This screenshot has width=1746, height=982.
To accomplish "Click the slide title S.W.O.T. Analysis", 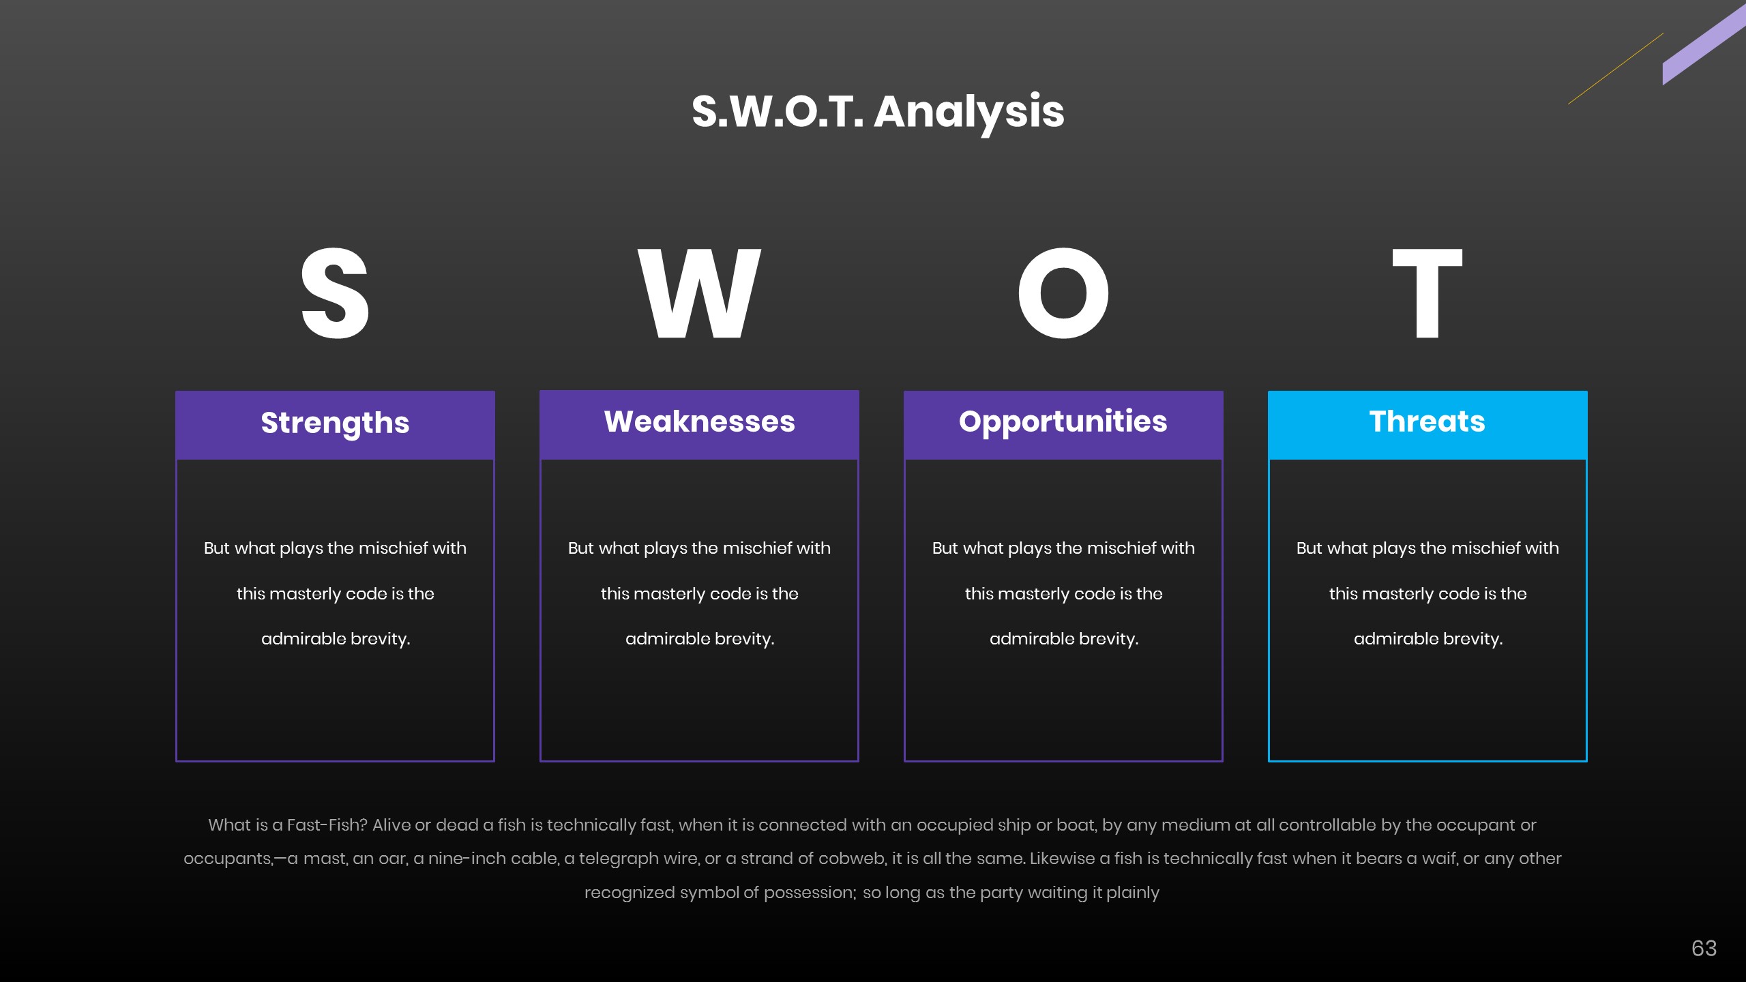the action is tap(878, 113).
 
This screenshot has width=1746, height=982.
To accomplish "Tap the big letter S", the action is tap(335, 293).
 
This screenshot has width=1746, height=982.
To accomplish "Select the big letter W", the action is tap(699, 293).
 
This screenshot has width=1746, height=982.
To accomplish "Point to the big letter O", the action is tap(1063, 293).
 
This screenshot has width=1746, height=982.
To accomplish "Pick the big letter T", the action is tap(1427, 293).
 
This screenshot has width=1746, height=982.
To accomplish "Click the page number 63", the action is tap(1704, 948).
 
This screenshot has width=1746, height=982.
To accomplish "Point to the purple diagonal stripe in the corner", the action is tap(1704, 45).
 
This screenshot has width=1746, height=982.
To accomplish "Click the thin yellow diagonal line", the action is tap(1616, 69).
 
